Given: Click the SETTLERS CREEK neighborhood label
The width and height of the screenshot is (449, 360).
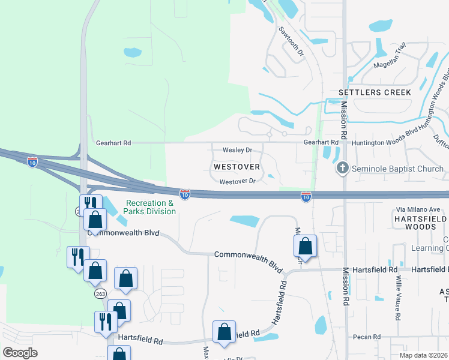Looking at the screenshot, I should click(375, 92).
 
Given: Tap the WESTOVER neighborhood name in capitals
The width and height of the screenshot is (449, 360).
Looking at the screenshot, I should click(237, 166).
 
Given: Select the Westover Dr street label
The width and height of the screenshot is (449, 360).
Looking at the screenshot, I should click(238, 181).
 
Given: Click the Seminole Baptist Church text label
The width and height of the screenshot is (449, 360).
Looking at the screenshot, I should click(398, 169).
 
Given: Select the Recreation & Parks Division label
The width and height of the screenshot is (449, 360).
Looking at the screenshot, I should click(149, 207).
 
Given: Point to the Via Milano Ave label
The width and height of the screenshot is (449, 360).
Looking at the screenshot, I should click(418, 209).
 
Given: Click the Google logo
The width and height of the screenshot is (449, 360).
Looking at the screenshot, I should click(19, 352).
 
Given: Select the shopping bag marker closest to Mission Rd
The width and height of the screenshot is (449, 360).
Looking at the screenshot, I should click(306, 246).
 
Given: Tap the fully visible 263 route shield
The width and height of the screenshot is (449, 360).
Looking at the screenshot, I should click(100, 293).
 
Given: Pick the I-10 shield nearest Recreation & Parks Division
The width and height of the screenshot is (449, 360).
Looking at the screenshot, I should click(184, 194).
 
